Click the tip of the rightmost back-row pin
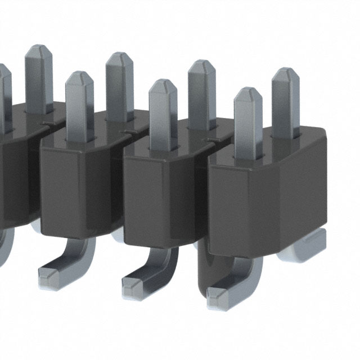coord(286,73)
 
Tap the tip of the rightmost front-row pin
coord(248,92)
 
